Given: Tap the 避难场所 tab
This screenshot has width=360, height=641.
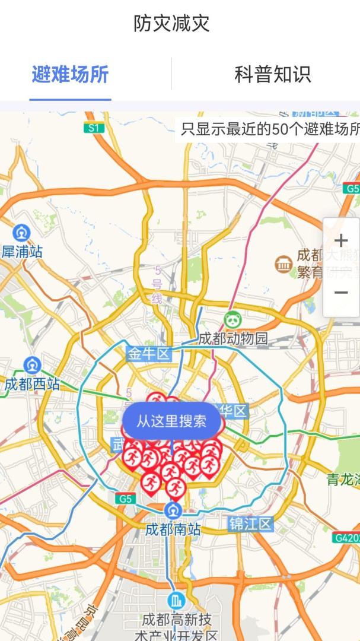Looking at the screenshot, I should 70,75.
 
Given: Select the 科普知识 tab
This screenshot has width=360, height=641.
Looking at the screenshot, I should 272,75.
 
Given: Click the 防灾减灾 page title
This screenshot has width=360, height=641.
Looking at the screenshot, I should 171,24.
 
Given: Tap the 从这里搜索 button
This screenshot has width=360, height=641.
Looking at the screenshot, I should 171,421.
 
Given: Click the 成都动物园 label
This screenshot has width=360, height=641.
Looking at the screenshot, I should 232,339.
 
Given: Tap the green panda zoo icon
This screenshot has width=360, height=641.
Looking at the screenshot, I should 232,320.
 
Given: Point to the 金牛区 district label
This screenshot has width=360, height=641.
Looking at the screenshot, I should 148,354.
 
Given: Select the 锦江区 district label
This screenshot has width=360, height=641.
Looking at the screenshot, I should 250,524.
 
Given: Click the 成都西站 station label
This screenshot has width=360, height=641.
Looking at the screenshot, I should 32,384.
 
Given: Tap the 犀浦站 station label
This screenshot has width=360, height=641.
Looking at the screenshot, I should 23,252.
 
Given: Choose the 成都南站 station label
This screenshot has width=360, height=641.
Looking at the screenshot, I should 173,529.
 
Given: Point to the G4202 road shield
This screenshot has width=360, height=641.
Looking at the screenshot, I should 346,538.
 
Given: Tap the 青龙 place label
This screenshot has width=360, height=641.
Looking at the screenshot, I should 342,480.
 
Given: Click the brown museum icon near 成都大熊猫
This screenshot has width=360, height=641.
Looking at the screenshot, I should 284,265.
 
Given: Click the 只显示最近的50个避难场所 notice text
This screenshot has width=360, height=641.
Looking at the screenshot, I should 270,129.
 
